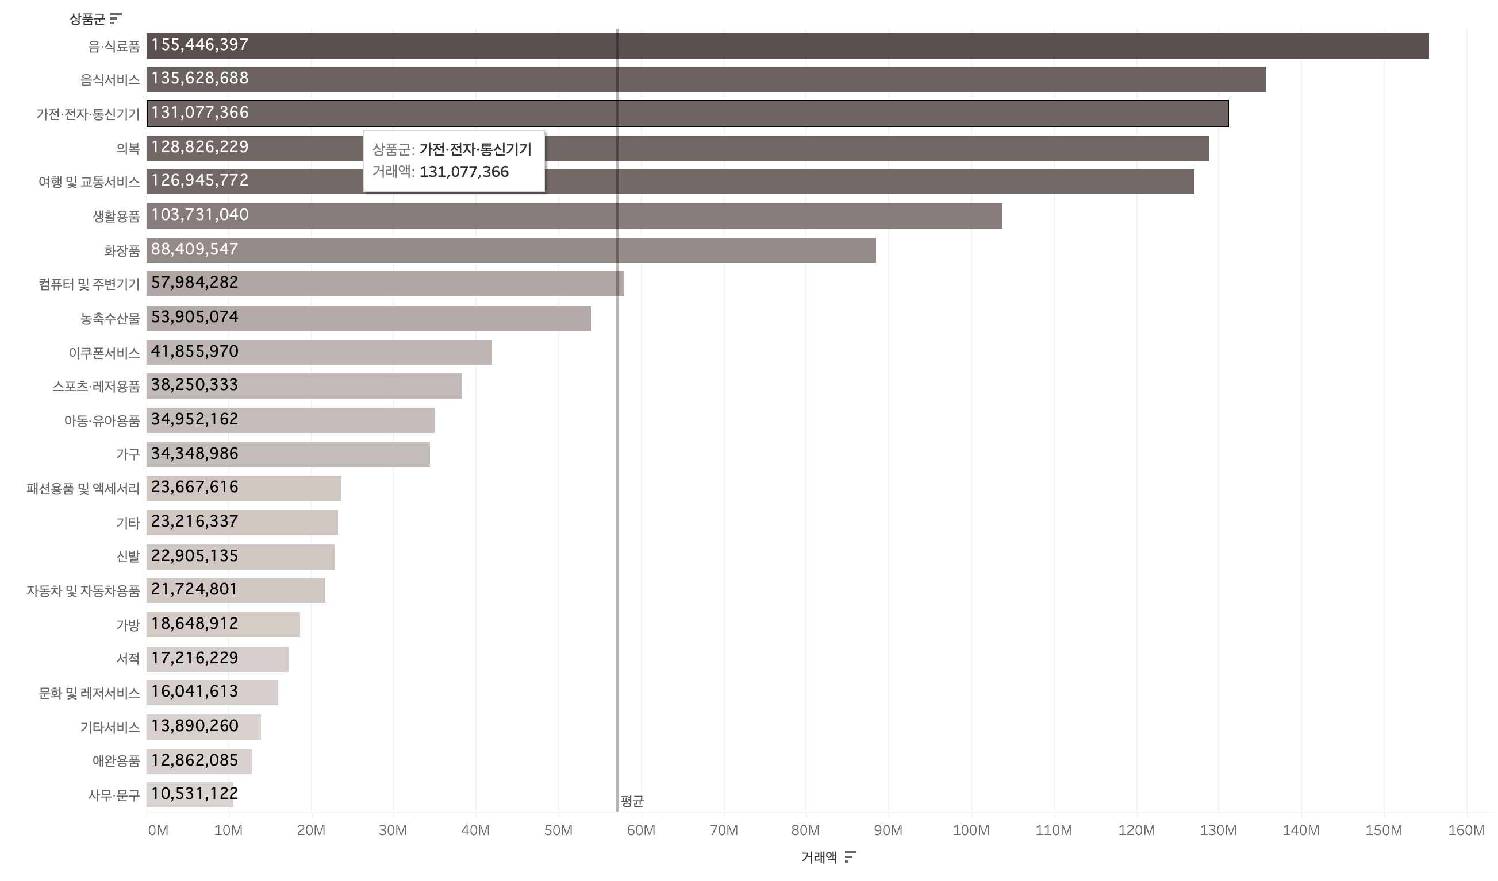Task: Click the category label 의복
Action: click(x=128, y=149)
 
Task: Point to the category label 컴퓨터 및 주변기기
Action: click(x=89, y=284)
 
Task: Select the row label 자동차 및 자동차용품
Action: click(x=83, y=591)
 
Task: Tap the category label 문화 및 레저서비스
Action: click(x=89, y=693)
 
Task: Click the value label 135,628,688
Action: click(x=199, y=79)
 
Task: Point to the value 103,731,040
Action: click(x=199, y=215)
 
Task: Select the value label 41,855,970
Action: click(x=194, y=351)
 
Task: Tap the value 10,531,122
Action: click(x=194, y=794)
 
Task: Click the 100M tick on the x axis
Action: click(x=971, y=830)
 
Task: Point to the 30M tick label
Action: click(x=393, y=830)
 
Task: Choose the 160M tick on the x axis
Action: click(x=1466, y=830)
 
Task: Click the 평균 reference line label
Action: click(x=632, y=801)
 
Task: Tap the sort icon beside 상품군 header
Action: click(x=116, y=18)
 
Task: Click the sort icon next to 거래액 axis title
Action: click(x=850, y=857)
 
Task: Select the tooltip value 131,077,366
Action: click(x=464, y=172)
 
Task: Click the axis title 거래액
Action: click(x=819, y=857)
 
